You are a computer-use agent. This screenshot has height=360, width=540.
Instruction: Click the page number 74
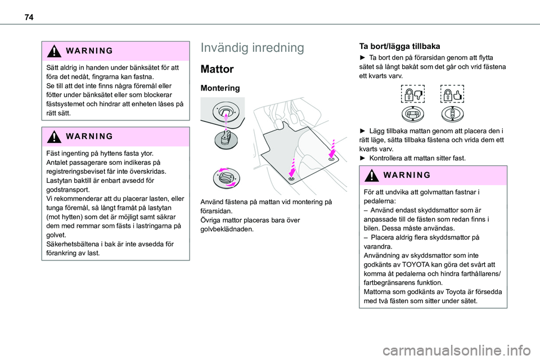pyautogui.click(x=29, y=17)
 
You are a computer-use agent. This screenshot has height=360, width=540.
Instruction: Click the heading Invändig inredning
pyautogui.click(x=252, y=48)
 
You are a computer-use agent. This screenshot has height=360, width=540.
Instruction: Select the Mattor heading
pyautogui.click(x=217, y=69)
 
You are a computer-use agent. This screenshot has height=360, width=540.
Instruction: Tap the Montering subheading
pyautogui.click(x=220, y=88)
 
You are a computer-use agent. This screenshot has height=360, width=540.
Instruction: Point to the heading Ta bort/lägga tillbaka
pyautogui.click(x=399, y=46)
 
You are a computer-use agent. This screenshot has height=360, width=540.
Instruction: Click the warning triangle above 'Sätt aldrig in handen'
pyautogui.click(x=54, y=51)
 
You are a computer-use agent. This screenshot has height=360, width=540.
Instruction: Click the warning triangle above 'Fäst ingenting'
pyautogui.click(x=54, y=137)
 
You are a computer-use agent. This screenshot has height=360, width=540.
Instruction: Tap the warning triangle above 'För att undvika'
pyautogui.click(x=372, y=175)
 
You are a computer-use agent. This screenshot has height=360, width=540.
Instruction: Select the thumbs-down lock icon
pyautogui.click(x=412, y=94)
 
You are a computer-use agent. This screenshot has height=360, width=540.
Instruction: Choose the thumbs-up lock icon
pyautogui.click(x=452, y=94)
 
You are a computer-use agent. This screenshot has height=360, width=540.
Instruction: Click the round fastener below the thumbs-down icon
pyautogui.click(x=412, y=114)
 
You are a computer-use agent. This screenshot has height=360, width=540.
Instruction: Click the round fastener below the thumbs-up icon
pyautogui.click(x=452, y=114)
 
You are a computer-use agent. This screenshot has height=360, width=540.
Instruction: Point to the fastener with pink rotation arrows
pyautogui.click(x=226, y=178)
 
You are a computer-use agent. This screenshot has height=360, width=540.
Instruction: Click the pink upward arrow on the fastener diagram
pyautogui.click(x=226, y=121)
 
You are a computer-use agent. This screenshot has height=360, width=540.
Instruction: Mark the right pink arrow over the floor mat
pyautogui.click(x=332, y=148)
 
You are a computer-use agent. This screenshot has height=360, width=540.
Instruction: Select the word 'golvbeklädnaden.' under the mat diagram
pyautogui.click(x=227, y=229)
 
